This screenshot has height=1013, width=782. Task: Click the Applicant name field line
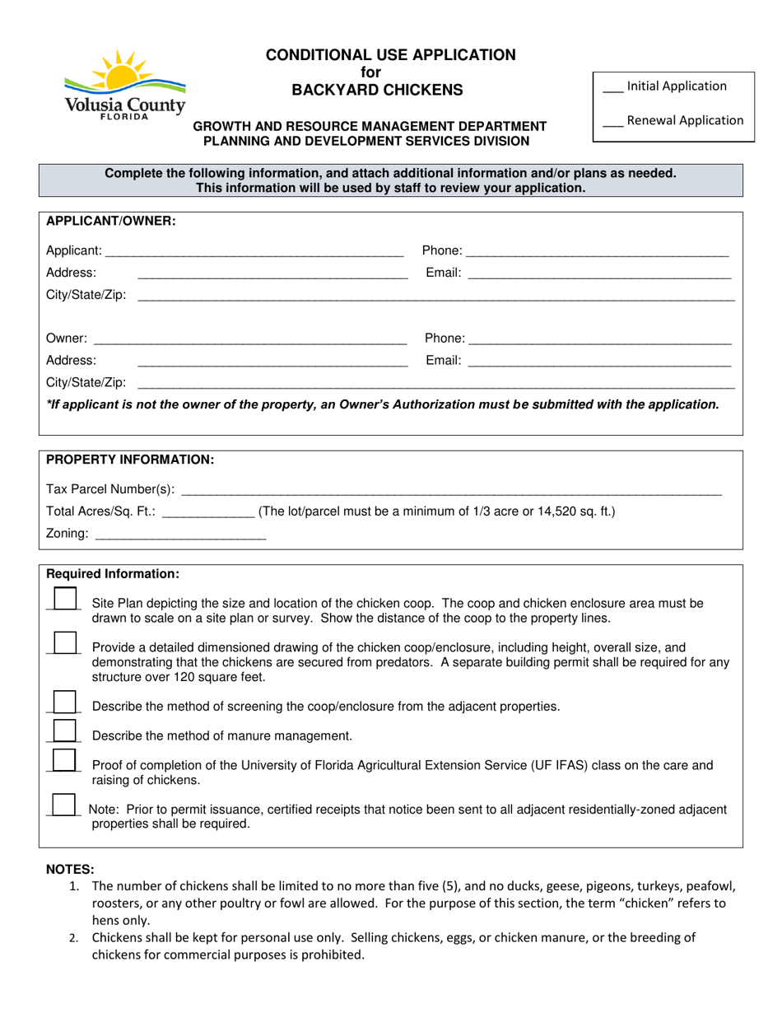[254, 250]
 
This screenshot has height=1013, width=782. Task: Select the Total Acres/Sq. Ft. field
[209, 511]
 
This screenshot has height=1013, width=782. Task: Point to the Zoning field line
[181, 535]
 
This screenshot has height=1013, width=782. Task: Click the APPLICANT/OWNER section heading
[110, 222]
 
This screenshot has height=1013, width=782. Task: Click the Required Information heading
[112, 573]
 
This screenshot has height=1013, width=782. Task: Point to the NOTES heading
[70, 870]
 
